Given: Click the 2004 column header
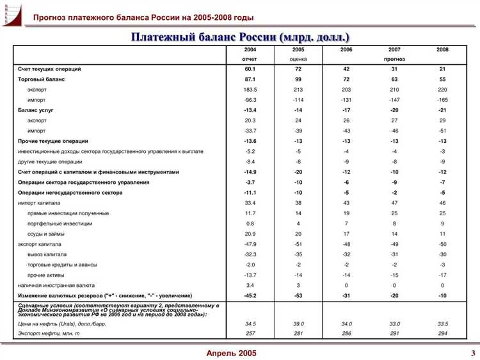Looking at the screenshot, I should pyautogui.click(x=250, y=49).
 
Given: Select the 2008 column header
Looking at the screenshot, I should pyautogui.click(x=442, y=49).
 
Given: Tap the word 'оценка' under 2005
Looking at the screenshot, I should pyautogui.click(x=298, y=59).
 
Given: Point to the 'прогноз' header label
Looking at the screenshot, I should pyautogui.click(x=394, y=59).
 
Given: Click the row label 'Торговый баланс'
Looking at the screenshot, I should pyautogui.click(x=42, y=79).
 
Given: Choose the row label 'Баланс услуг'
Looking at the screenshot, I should pyautogui.click(x=36, y=110).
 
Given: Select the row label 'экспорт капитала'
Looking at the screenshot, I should pyautogui.click(x=40, y=244).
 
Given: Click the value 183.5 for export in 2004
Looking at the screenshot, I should pyautogui.click(x=250, y=90).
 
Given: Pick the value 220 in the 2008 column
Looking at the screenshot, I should pyautogui.click(x=442, y=90).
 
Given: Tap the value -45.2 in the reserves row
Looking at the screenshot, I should pyautogui.click(x=250, y=295).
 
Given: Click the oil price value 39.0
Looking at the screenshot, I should pyautogui.click(x=298, y=325).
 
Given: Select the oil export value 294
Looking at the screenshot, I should pyautogui.click(x=442, y=334).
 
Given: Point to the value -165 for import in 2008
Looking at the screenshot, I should pyautogui.click(x=442, y=100).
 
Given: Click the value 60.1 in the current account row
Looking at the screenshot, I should pyautogui.click(x=250, y=69).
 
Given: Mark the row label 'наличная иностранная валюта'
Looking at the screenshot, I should pyautogui.click(x=56, y=285).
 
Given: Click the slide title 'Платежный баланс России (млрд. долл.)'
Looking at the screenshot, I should pyautogui.click(x=241, y=37).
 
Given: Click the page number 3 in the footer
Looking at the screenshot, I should pyautogui.click(x=472, y=353).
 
